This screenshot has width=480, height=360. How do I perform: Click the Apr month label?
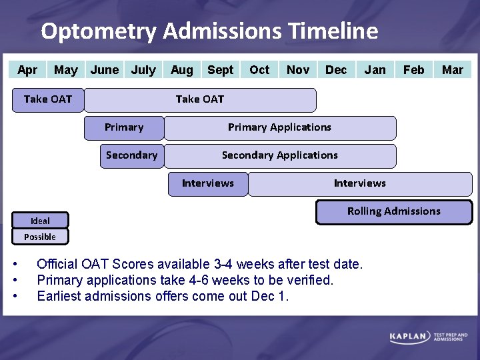click(27, 70)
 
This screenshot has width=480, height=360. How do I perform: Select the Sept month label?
click(220, 70)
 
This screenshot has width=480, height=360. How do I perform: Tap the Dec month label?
click(336, 70)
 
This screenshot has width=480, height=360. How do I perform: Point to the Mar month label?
click(453, 70)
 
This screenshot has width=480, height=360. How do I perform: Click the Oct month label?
click(259, 70)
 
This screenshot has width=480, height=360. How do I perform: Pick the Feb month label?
click(413, 70)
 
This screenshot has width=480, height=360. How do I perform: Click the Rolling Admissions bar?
click(393, 211)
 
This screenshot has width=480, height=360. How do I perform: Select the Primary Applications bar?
click(279, 127)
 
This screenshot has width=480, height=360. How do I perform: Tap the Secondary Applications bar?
click(279, 155)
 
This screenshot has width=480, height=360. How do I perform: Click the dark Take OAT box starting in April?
click(47, 99)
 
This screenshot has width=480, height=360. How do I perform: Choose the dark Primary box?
click(123, 127)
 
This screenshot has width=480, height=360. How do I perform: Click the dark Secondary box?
click(131, 155)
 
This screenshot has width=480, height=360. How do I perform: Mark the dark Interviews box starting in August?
click(207, 183)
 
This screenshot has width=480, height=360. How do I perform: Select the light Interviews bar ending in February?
click(359, 183)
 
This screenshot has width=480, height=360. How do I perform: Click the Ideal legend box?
click(40, 221)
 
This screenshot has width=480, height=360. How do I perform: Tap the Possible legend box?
click(40, 237)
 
